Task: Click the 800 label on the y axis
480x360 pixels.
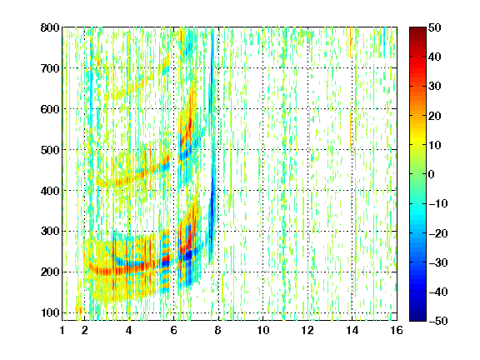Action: coord(50,27)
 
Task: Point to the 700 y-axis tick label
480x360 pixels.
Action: coord(50,68)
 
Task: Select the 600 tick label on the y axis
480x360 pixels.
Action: coord(50,109)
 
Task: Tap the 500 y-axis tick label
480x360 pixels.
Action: coord(50,150)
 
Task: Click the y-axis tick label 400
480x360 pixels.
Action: coord(50,191)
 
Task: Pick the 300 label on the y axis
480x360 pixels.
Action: coord(50,231)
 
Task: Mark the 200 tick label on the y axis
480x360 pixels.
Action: coord(50,272)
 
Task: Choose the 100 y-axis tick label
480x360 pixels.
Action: coord(50,312)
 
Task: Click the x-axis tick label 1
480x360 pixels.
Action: coord(62,330)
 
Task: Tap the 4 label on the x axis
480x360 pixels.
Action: coord(129,330)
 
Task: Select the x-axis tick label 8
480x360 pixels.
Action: coord(218,330)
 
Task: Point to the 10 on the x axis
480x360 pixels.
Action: coord(263,330)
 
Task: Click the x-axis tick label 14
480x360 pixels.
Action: coord(352,330)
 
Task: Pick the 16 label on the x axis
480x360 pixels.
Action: coord(397,330)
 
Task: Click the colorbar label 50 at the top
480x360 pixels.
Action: coord(434,27)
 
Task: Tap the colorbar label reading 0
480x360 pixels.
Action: coord(432,174)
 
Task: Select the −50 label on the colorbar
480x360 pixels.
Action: coord(438,321)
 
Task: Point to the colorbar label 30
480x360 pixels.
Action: coord(434,86)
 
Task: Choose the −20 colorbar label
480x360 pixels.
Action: coord(438,233)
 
